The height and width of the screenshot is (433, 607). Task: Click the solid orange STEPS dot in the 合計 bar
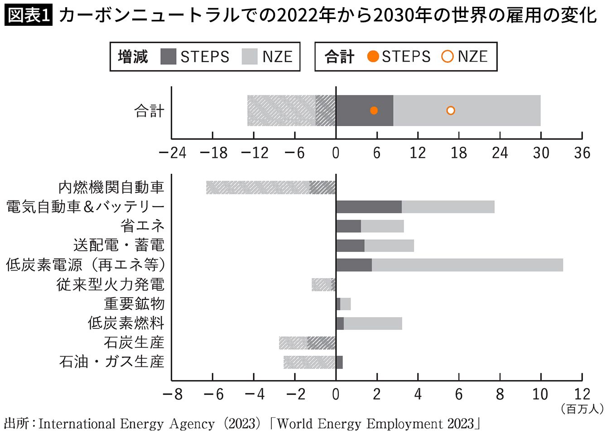tap(374, 110)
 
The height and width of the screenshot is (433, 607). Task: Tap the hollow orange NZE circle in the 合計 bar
tap(450, 110)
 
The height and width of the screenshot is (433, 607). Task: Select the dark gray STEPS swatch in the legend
tap(168, 57)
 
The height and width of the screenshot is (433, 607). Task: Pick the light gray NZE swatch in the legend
tap(250, 57)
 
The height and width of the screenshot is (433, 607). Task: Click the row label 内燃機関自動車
tap(111, 187)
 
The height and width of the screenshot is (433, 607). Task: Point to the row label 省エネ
tap(142, 226)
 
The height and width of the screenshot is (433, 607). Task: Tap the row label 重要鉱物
tap(134, 304)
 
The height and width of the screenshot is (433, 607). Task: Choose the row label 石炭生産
tap(134, 343)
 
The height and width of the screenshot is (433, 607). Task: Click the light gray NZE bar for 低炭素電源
tap(467, 265)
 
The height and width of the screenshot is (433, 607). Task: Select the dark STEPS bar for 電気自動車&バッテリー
tap(369, 207)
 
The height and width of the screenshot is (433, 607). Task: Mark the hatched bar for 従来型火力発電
tap(323, 285)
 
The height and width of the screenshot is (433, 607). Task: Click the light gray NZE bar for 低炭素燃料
tap(372, 324)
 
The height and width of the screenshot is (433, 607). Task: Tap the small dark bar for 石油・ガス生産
tap(339, 362)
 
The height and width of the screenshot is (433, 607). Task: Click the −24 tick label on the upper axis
tap(172, 153)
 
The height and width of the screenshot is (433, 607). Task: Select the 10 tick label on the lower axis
tap(540, 395)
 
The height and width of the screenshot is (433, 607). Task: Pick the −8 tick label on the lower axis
tap(172, 395)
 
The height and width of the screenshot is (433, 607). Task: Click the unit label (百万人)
tap(582, 409)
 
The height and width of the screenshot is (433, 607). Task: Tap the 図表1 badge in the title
tap(29, 15)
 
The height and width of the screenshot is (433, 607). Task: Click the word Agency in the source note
tap(192, 424)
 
